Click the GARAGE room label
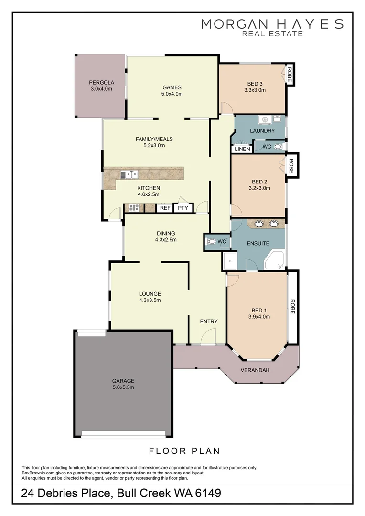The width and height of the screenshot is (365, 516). pyautogui.click(x=123, y=381)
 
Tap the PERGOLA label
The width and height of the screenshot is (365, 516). pyautogui.click(x=101, y=83)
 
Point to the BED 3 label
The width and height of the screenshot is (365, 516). pyautogui.click(x=255, y=84)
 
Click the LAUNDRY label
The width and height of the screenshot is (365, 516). pyautogui.click(x=262, y=131)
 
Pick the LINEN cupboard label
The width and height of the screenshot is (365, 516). pyautogui.click(x=242, y=149)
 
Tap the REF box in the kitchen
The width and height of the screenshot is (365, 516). pyautogui.click(x=165, y=208)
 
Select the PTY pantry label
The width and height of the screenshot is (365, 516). pyautogui.click(x=183, y=208)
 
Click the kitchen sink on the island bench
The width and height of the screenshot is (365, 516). pyautogui.click(x=129, y=174)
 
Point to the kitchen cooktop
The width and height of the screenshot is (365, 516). pyautogui.click(x=133, y=207)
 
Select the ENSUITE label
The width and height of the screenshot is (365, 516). pyautogui.click(x=258, y=243)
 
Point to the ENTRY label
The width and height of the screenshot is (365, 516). pyautogui.click(x=209, y=321)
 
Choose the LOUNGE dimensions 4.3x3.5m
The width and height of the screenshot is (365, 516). pyautogui.click(x=150, y=301)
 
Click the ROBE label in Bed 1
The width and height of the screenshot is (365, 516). pyautogui.click(x=293, y=306)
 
